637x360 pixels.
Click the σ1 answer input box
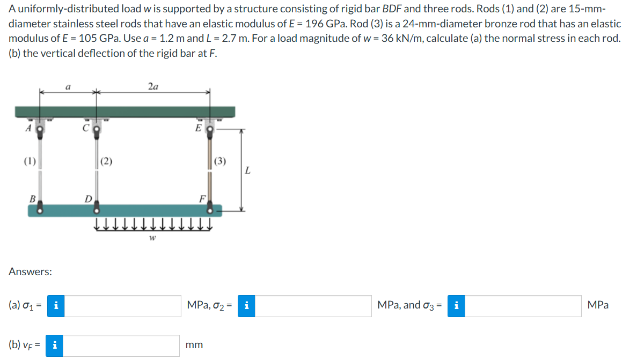[x=123, y=306]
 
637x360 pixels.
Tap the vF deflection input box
[x=123, y=346]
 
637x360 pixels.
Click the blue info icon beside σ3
[x=456, y=306]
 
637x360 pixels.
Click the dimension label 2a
[x=153, y=86]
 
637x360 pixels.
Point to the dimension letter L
[x=247, y=171]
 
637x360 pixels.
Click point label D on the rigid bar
[x=88, y=199]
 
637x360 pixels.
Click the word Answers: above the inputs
[x=30, y=272]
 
